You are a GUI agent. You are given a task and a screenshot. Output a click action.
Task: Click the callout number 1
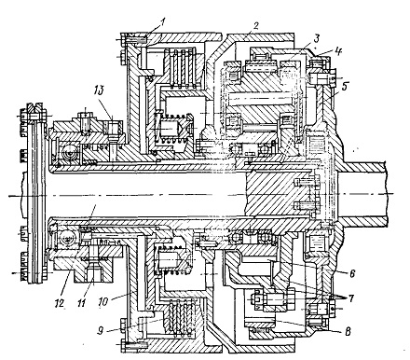point(163,21)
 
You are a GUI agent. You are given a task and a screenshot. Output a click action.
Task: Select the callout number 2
point(255,25)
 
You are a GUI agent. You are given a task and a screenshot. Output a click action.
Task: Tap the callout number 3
point(316,39)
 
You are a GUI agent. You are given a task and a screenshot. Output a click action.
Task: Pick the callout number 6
point(352,273)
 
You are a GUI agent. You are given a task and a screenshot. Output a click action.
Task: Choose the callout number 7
point(351,299)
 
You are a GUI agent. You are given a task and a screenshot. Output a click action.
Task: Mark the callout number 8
point(348,332)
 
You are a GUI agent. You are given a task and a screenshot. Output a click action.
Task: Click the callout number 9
point(100,331)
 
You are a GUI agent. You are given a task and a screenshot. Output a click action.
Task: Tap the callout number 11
point(81,303)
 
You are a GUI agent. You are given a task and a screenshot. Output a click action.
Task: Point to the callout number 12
point(60,302)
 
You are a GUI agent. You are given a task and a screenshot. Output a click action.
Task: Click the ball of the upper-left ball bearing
point(68,153)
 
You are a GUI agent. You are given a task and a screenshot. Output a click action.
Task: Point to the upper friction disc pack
point(183,66)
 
